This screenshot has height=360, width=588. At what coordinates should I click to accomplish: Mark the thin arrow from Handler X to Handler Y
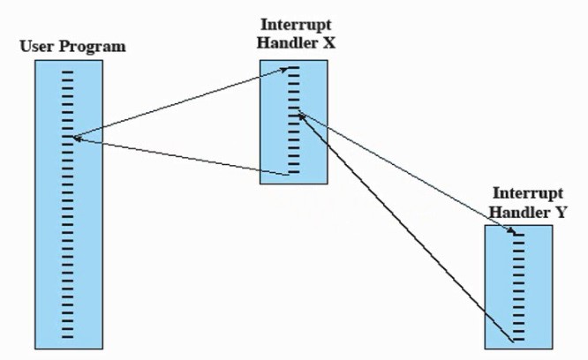click(x=406, y=172)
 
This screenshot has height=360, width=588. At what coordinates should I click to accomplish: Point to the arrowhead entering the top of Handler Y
click(x=510, y=230)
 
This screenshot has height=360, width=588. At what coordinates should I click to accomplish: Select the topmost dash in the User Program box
click(x=67, y=71)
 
